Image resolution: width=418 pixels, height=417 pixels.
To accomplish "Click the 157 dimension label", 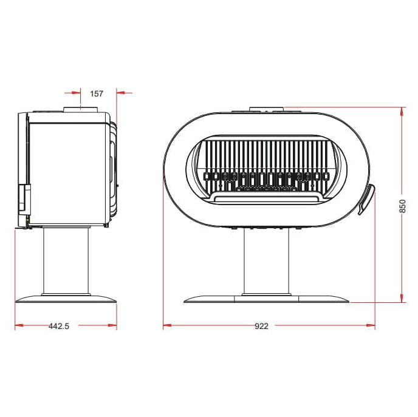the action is (97, 93).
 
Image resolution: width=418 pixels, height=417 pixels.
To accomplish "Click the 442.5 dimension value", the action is (59, 326).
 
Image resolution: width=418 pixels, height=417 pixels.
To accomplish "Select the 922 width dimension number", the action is (261, 326).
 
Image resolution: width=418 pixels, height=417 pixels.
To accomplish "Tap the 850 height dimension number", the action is (403, 206).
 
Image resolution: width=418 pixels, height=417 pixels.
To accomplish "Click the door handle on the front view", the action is (367, 199).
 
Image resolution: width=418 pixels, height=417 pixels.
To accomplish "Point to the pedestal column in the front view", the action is (266, 262).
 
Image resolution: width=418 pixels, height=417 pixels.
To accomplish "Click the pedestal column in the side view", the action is (66, 260).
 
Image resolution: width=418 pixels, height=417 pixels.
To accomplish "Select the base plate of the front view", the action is (266, 299).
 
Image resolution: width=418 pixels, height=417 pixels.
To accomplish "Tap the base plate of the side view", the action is (66, 299).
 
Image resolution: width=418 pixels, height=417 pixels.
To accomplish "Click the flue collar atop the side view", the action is (81, 109).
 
